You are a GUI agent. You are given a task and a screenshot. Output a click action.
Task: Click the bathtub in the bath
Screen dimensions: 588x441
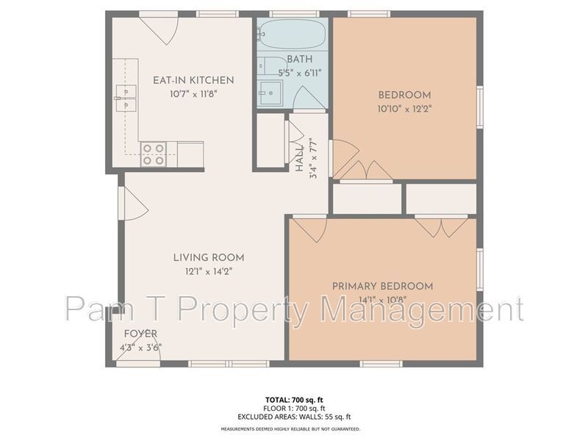tap(292, 34)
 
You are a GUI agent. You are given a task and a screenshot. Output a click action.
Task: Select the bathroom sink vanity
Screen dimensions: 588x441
tap(270, 93)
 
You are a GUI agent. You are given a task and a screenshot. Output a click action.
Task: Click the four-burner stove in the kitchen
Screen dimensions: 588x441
tap(154, 154)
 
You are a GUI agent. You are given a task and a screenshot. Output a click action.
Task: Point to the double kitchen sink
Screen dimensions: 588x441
tap(126, 98)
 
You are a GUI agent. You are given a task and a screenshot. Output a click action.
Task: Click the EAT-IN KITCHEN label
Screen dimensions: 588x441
tap(193, 80)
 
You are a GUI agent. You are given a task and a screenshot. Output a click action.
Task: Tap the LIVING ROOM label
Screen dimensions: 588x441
tap(209, 258)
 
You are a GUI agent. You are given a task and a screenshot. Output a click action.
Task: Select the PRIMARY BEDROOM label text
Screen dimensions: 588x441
tap(382, 286)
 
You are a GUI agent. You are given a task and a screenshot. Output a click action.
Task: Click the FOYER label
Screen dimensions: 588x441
tap(140, 334)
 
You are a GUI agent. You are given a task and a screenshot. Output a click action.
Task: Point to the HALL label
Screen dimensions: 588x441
tap(299, 159)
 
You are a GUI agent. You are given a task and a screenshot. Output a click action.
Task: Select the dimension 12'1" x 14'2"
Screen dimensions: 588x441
tap(209, 271)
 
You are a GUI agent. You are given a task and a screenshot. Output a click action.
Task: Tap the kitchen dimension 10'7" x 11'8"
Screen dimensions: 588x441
tap(193, 94)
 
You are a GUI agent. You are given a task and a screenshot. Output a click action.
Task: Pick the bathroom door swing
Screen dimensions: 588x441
tap(308, 98)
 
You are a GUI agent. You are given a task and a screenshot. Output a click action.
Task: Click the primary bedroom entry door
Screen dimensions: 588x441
tap(309, 229)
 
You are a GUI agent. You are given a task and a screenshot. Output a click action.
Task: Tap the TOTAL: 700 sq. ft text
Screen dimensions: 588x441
tap(294, 400)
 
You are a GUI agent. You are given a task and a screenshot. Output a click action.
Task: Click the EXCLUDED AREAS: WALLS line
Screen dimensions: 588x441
tap(294, 417)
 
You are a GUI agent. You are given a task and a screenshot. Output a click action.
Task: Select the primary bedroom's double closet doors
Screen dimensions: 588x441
tap(442, 227)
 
